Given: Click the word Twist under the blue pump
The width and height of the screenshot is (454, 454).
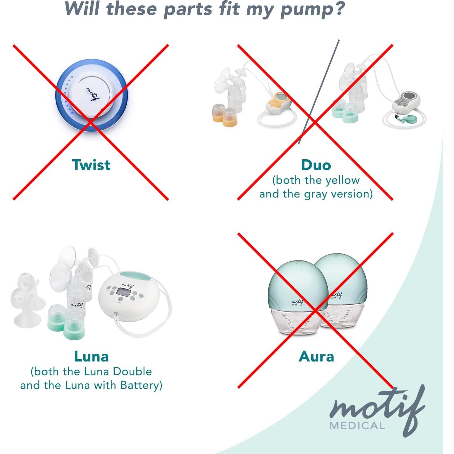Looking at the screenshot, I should coord(91,165).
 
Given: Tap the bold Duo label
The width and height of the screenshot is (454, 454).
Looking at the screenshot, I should coord(316,165).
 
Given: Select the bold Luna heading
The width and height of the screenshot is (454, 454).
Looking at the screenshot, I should coord(91,356).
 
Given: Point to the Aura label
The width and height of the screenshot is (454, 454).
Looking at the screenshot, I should coord(316,356).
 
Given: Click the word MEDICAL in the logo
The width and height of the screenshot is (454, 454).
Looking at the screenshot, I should coord(357,425).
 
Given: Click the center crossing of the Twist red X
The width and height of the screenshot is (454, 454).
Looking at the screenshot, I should coord(91,122).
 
